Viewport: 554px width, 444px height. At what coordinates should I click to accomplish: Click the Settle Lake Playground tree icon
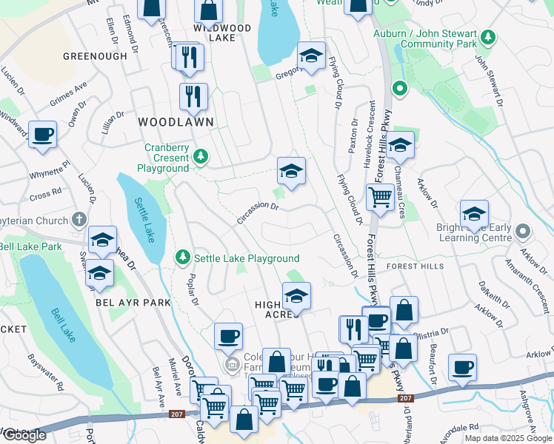(x=182, y=258)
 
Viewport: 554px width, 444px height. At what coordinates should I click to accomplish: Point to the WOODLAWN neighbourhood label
(x=176, y=122)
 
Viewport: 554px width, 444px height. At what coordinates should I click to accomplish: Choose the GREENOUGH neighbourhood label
(x=96, y=55)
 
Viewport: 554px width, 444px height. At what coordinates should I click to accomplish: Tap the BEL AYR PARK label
(x=133, y=303)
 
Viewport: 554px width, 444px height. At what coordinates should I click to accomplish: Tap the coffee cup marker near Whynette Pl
(x=43, y=135)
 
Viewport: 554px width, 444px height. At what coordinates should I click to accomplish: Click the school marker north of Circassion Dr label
(x=292, y=172)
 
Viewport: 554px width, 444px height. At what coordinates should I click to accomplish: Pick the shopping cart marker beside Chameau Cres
(x=380, y=198)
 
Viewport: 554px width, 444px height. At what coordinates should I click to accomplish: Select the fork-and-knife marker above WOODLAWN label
(x=193, y=95)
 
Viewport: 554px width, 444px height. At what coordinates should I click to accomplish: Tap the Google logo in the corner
(x=24, y=435)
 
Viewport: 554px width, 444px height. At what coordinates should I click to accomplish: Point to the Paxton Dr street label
(x=353, y=136)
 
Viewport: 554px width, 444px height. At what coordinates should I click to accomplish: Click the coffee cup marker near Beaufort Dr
(x=463, y=367)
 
